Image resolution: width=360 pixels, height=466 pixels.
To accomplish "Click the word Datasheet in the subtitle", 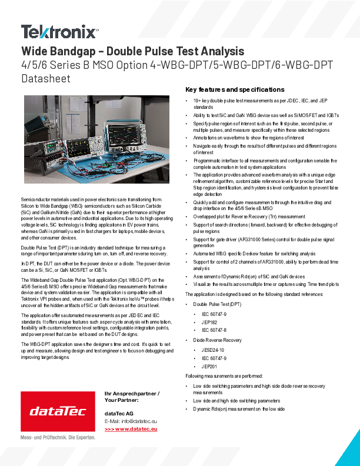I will [46, 78].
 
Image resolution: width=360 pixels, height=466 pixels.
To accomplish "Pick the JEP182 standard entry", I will [209, 323].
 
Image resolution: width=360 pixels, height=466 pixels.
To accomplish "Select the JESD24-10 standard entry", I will [213, 349].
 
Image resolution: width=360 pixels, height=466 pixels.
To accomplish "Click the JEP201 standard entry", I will [209, 366].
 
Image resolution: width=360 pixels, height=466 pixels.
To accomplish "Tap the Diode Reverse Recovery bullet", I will [217, 340].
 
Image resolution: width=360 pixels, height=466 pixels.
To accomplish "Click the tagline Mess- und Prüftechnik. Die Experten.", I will [58, 438].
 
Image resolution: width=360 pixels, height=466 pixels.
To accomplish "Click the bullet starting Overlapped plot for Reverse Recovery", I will [249, 216].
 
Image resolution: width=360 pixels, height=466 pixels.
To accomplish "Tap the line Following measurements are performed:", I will [224, 375].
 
